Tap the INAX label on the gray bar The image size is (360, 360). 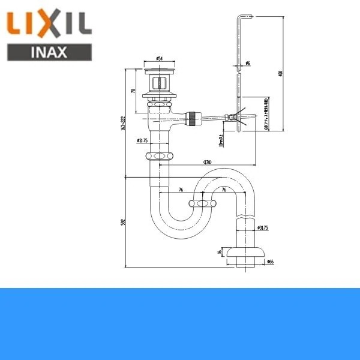point(49,52)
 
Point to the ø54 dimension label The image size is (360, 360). point(160,58)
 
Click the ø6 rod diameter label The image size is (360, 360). point(247,64)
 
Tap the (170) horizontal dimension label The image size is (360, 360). point(208,161)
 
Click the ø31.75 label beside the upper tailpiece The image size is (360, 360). point(142,142)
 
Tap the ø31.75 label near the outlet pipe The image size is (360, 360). point(262,228)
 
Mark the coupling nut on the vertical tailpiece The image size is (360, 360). point(160,157)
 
